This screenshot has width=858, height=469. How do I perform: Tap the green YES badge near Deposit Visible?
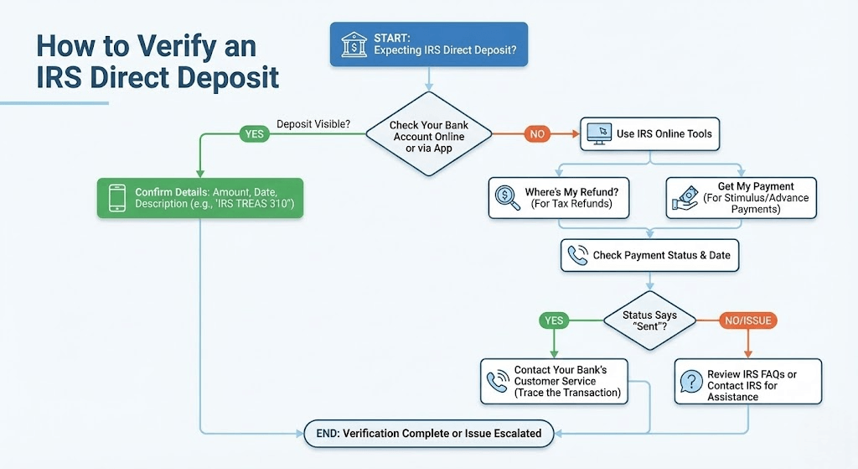[253, 133]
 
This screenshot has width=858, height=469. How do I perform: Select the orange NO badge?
[537, 133]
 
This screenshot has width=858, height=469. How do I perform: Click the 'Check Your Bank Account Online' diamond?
[428, 136]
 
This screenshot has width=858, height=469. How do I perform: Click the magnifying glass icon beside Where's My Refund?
[507, 198]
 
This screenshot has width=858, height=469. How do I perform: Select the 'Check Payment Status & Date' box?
[650, 255]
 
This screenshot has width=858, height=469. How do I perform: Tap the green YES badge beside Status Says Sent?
[555, 320]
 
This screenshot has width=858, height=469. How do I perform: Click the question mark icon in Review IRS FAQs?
[690, 382]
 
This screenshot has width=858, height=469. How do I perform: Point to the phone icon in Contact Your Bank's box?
[498, 382]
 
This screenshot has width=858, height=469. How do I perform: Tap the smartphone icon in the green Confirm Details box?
[116, 198]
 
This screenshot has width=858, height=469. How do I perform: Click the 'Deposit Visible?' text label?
[313, 124]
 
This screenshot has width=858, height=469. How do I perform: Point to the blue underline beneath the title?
[54, 103]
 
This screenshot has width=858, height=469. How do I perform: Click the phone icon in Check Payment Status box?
[577, 255]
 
